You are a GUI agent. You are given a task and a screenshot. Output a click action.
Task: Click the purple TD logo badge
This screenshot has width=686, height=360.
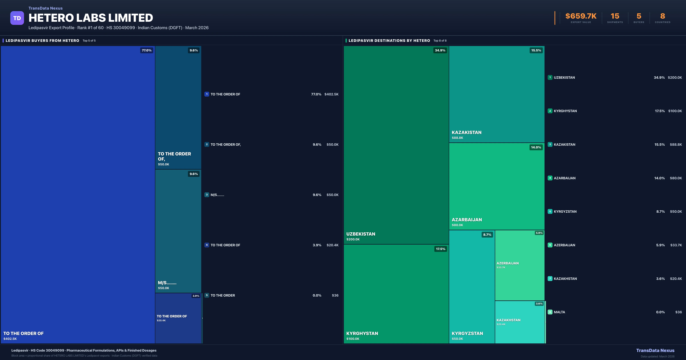[x=17, y=18]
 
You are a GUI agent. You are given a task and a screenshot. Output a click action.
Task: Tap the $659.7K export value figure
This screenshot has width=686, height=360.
[x=581, y=16]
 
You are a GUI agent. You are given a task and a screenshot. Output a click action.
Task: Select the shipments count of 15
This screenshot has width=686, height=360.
[x=615, y=16]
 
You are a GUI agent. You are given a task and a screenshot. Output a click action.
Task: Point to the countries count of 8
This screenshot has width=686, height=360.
[x=663, y=16]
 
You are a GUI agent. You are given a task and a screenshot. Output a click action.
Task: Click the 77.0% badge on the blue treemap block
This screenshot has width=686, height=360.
[x=146, y=50]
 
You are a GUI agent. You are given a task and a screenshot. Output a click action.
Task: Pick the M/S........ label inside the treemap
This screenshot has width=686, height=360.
[x=167, y=283]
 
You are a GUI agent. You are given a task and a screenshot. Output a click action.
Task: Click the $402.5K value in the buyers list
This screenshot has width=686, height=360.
[x=331, y=94]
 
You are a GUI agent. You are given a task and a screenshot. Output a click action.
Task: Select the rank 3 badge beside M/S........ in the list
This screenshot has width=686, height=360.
[x=207, y=195]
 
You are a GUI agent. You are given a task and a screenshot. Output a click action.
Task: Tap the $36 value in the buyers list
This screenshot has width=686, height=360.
[x=335, y=295]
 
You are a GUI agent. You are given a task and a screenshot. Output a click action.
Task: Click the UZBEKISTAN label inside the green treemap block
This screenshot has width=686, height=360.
[x=361, y=234]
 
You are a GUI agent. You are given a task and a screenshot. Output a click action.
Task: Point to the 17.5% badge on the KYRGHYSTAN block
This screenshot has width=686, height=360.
[x=440, y=249]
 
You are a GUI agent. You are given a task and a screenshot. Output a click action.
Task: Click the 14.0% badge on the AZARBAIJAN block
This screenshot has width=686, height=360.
[x=536, y=147]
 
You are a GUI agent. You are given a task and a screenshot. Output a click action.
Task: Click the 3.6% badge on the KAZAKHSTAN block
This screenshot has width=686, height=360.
[x=539, y=304]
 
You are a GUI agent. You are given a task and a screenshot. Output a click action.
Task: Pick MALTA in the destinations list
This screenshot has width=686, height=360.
[x=559, y=312]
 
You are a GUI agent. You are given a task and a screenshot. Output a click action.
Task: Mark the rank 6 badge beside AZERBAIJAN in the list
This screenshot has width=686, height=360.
[x=550, y=245]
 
